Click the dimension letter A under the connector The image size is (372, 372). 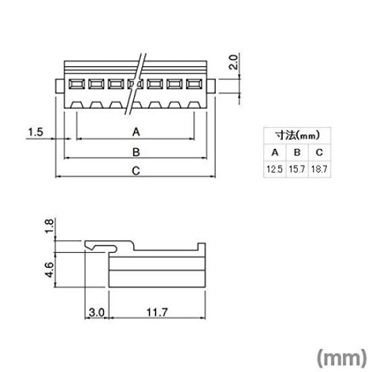coord(135,131)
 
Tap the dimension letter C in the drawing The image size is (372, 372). coord(135,171)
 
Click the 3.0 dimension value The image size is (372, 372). coord(95,312)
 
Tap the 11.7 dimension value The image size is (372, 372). coord(154,312)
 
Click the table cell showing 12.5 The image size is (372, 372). coord(274,169)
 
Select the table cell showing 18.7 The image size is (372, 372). coord(319,169)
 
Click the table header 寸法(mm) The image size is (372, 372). coord(296,135)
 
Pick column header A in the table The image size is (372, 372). coord(274,152)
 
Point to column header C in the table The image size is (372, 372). coord(319,152)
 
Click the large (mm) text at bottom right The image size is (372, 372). coord(340,356)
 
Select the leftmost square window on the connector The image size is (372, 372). coord(76,85)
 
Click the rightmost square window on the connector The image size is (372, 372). coord(195,85)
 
